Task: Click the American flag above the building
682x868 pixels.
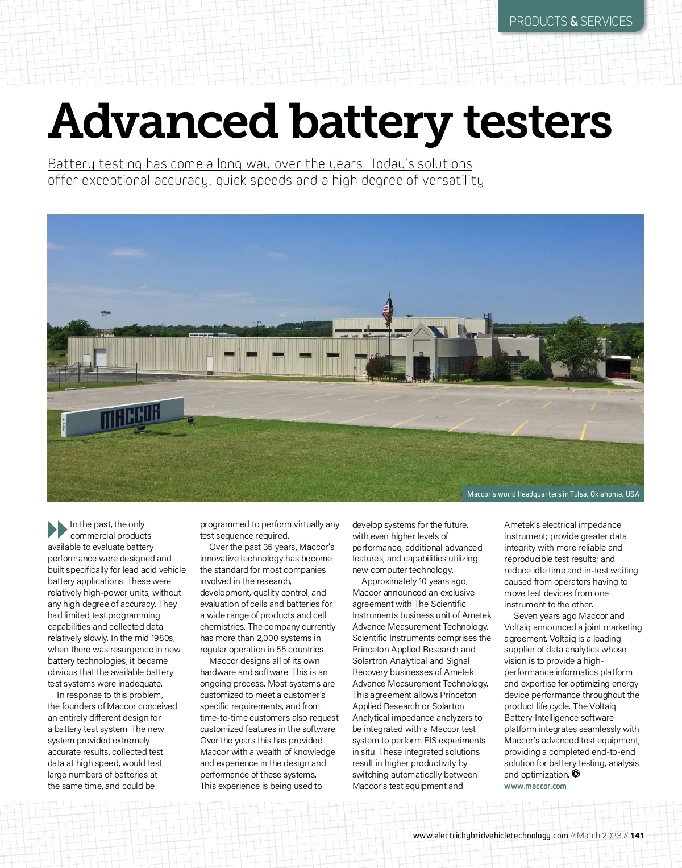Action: click(388, 310)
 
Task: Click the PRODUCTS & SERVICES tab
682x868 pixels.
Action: click(571, 22)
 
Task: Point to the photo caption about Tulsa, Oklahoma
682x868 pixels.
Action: click(553, 494)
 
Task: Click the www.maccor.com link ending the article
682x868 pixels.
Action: click(535, 786)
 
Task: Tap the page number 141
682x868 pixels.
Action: click(637, 836)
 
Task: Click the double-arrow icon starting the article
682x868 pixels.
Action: click(57, 529)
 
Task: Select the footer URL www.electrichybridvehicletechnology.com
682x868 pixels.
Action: click(490, 836)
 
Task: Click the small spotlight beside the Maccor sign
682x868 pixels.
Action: click(190, 420)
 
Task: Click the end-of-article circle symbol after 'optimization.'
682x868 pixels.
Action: click(576, 774)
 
